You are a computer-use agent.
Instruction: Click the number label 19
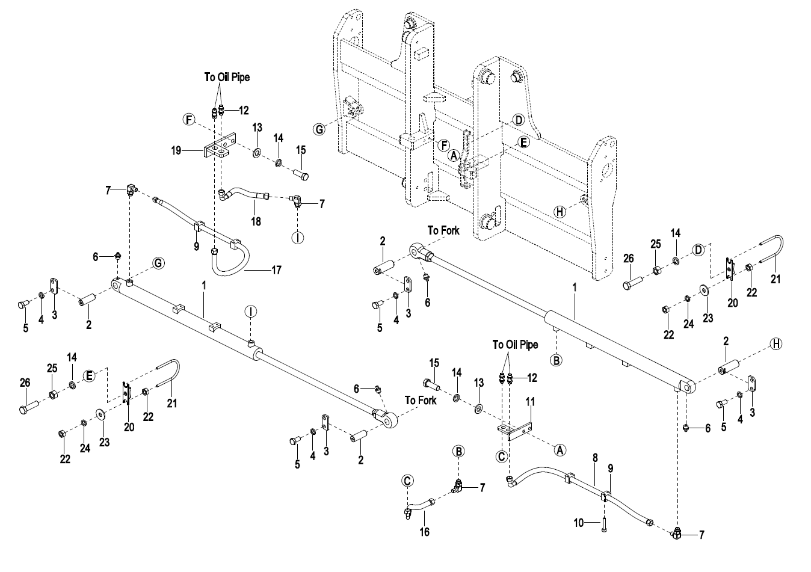pos(176,150)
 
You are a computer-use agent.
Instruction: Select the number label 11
pos(530,402)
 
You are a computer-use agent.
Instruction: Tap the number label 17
pos(276,270)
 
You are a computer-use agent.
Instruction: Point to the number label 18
pos(256,221)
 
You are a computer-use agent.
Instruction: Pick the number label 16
pos(424,532)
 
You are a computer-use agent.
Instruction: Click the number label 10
pos(579,523)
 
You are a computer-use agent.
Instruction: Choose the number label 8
pos(595,458)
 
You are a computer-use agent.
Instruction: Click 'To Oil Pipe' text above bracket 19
pos(227,77)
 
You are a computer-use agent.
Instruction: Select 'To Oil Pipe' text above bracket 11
pos(515,345)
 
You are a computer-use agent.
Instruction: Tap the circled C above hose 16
pos(407,481)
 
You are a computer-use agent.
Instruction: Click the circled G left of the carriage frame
pos(319,129)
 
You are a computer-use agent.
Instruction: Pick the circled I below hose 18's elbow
pos(298,238)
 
